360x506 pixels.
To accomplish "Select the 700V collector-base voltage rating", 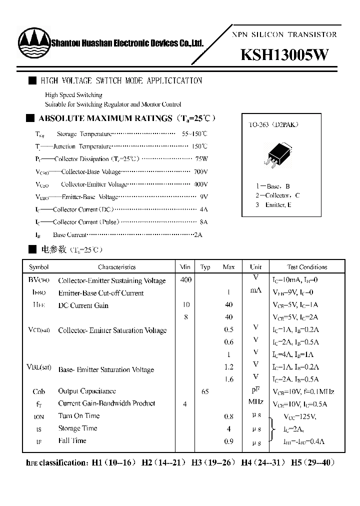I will coord(200,172).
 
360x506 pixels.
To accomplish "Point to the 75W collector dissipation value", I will coord(201,159).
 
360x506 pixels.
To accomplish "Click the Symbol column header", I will coord(39,267).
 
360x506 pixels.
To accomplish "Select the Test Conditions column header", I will coord(307,267).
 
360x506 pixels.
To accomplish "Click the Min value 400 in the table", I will coord(185,280).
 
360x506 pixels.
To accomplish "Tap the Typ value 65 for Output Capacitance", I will coord(205,391).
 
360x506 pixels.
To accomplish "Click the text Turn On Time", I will coord(79,416).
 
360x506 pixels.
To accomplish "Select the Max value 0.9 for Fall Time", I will coord(229,441).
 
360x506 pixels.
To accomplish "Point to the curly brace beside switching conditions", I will coord(272,429).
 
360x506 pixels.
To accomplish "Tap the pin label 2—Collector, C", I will coord(277,195).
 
